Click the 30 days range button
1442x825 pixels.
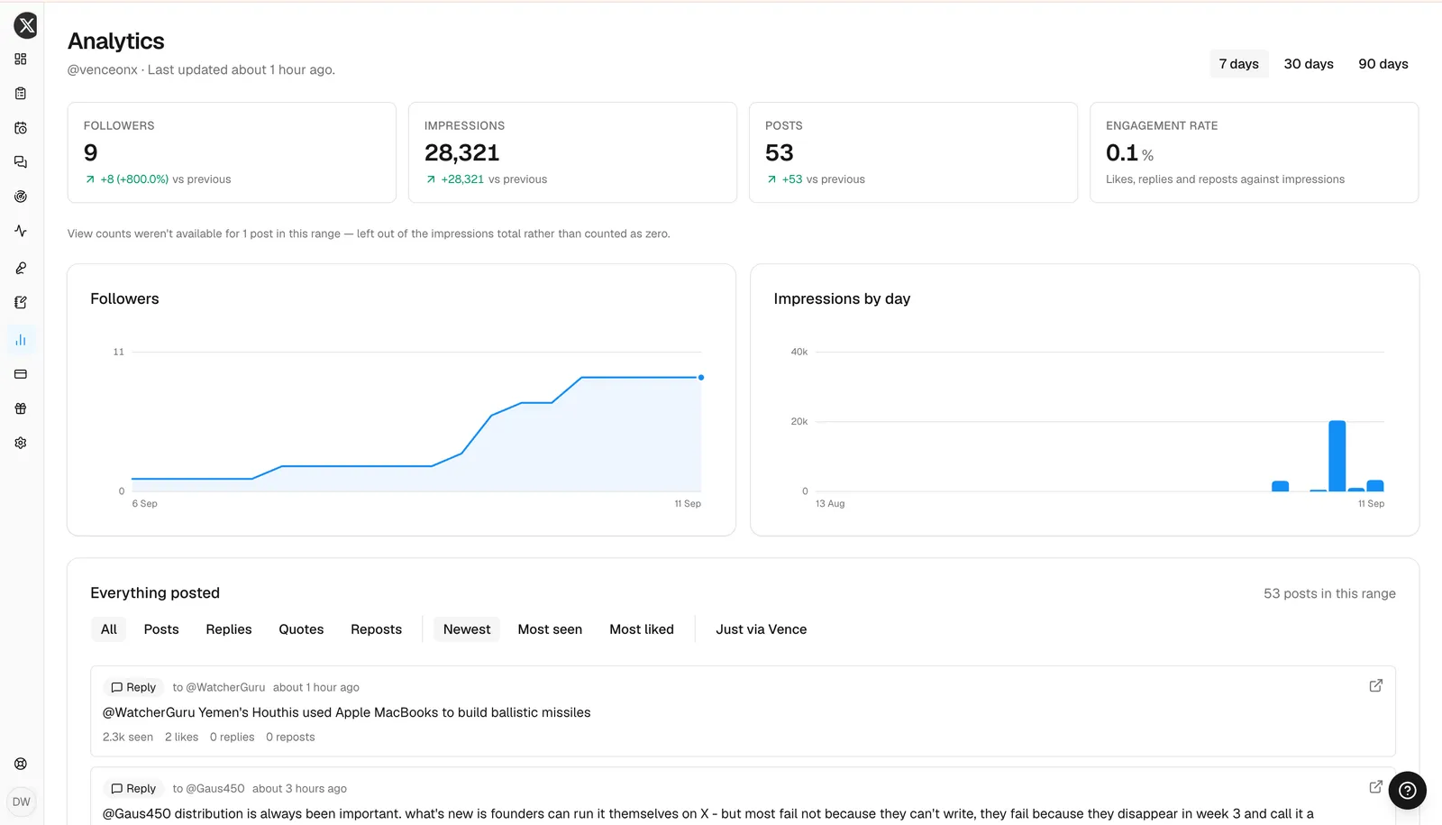[1308, 64]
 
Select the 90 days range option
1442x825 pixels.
[1383, 64]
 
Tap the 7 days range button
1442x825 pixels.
[1238, 64]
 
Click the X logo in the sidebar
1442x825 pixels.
[26, 26]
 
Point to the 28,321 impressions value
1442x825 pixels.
[461, 152]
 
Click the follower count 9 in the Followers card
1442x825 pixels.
[91, 152]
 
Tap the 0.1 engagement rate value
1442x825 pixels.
[1122, 152]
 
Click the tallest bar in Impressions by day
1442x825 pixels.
[1337, 455]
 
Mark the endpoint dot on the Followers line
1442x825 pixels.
[701, 378]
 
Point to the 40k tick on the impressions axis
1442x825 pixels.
[799, 352]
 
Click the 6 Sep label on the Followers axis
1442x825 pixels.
[145, 504]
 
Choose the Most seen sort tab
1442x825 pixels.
[550, 629]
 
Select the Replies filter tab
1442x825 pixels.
[229, 629]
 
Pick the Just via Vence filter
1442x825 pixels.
[761, 629]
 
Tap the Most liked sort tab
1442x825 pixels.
[641, 629]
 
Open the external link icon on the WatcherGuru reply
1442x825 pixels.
[1375, 686]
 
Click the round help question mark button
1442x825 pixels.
[1407, 790]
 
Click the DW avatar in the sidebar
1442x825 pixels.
[22, 802]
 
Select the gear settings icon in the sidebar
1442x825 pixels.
[21, 443]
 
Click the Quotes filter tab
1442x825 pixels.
[301, 629]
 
